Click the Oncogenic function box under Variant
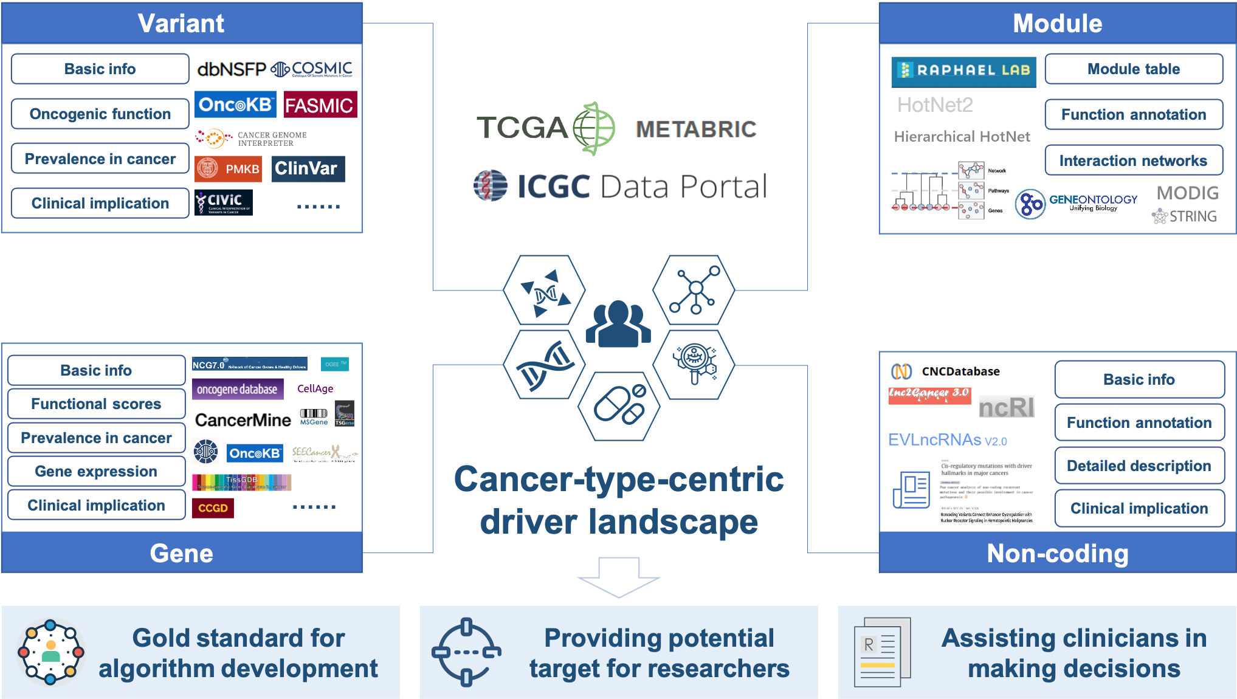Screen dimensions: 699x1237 (x=100, y=114)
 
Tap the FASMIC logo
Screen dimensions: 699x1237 (x=319, y=105)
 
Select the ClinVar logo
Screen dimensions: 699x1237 (x=308, y=168)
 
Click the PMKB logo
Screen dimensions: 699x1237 (x=228, y=169)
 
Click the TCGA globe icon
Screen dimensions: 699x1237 (x=594, y=128)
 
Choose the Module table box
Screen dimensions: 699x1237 (x=1134, y=69)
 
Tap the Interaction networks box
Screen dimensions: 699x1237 (x=1134, y=160)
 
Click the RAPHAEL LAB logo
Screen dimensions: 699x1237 (x=963, y=71)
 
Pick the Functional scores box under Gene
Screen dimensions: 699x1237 (x=96, y=404)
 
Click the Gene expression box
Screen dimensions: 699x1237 (x=96, y=472)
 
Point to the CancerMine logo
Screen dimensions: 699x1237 (x=243, y=420)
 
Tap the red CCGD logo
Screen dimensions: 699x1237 (x=213, y=508)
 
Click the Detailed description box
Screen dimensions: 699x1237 (x=1139, y=466)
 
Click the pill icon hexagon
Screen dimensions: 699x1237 (x=619, y=405)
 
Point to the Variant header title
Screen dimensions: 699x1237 (x=181, y=23)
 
